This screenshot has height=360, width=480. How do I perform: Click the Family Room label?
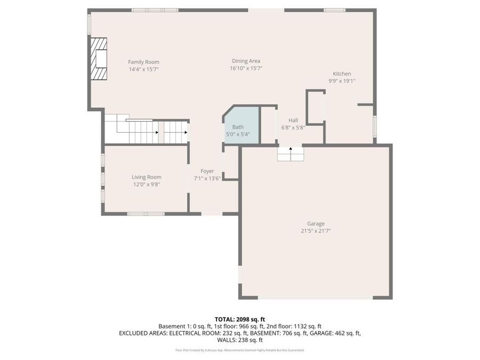143,62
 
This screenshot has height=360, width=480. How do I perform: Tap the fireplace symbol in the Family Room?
98,59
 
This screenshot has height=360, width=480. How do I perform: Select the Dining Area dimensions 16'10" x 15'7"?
246,68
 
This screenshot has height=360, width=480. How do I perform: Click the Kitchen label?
342,74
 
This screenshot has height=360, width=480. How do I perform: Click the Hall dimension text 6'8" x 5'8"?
293,127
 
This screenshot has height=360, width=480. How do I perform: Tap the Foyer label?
207,171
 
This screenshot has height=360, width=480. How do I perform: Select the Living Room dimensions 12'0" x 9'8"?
147,185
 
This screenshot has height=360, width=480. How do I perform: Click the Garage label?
315,223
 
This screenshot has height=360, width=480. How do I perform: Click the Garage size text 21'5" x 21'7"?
315,231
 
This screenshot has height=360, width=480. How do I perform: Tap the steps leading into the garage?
290,154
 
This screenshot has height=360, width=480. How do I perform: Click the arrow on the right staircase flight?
185,132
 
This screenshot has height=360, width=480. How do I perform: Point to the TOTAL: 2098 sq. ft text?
239,319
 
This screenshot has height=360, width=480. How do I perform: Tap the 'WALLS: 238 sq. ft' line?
239,340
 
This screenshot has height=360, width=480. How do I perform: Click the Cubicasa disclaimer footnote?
239,350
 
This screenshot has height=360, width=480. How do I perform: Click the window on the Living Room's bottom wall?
146,214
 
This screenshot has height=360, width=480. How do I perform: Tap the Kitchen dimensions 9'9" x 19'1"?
342,81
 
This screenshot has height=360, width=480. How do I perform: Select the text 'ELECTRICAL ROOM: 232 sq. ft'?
207,333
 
